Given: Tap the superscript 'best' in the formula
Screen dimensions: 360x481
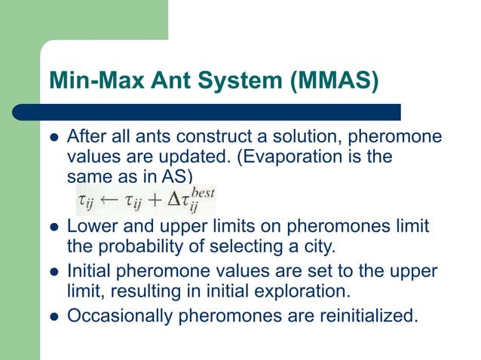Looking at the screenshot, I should point(202,193).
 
